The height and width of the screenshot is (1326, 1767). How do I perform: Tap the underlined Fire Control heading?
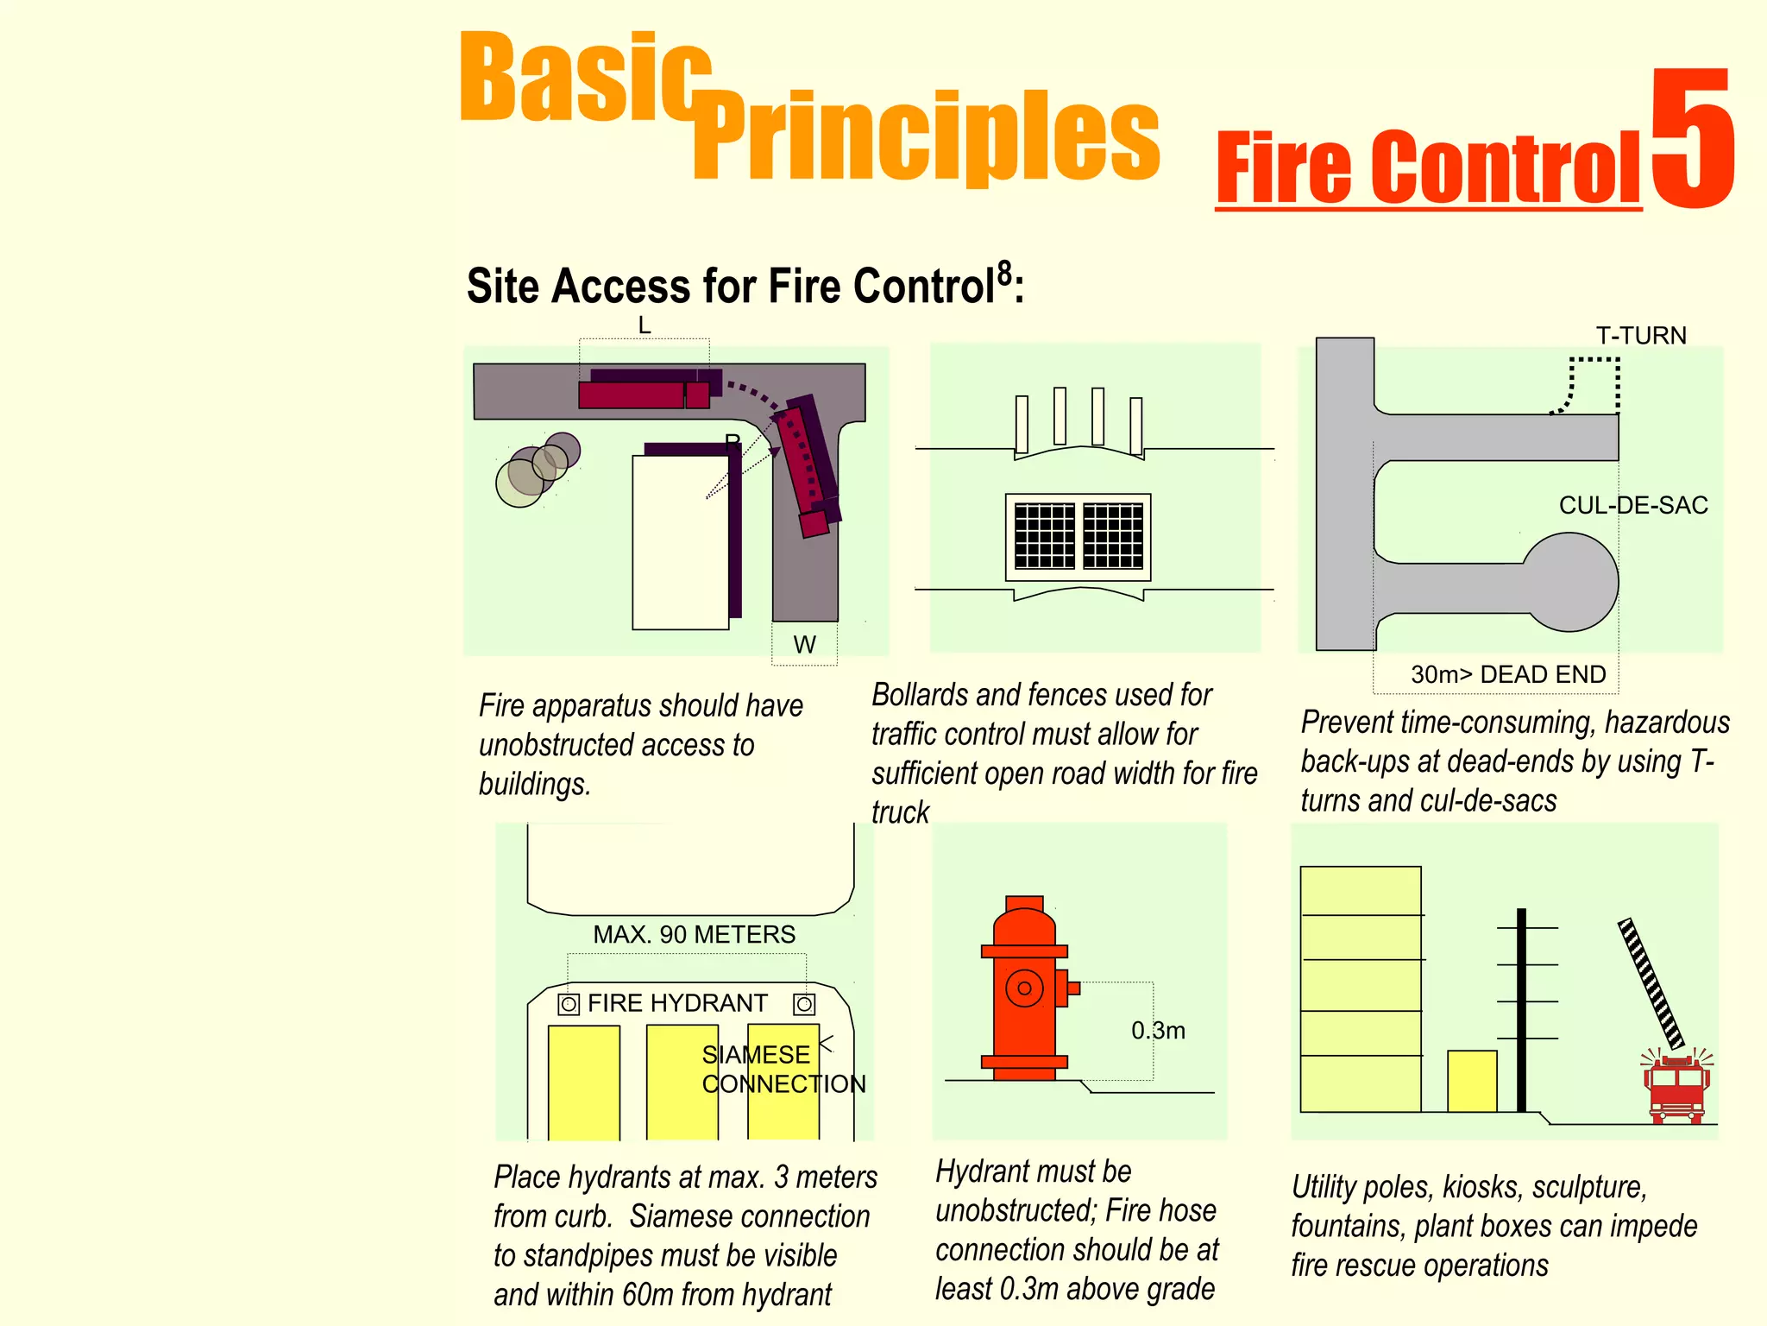point(1428,168)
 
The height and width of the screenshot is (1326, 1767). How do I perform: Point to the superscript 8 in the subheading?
point(1004,274)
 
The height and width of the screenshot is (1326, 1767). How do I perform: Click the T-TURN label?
point(1640,335)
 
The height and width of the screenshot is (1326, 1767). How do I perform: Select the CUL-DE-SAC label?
point(1632,505)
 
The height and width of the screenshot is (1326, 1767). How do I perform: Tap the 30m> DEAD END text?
point(1508,674)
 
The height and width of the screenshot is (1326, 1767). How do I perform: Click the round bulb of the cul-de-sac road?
point(1570,582)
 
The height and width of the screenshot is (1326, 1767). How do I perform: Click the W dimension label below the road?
point(804,645)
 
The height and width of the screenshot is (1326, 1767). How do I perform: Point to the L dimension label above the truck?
point(644,325)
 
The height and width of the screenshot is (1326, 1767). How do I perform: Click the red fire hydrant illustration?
point(1025,988)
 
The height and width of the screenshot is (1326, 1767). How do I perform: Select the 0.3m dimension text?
point(1158,1031)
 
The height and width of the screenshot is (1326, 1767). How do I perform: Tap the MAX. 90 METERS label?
point(694,934)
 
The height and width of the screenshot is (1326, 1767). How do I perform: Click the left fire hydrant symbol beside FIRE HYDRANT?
point(569,1004)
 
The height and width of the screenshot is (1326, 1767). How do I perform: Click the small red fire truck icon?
point(1676,1088)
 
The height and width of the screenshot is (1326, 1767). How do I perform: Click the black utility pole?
point(1521,1010)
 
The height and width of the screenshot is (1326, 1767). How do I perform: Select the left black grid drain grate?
point(1045,536)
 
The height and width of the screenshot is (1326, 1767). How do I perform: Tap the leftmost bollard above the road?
point(1022,424)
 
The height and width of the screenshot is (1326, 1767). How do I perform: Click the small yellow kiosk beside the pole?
point(1472,1081)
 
